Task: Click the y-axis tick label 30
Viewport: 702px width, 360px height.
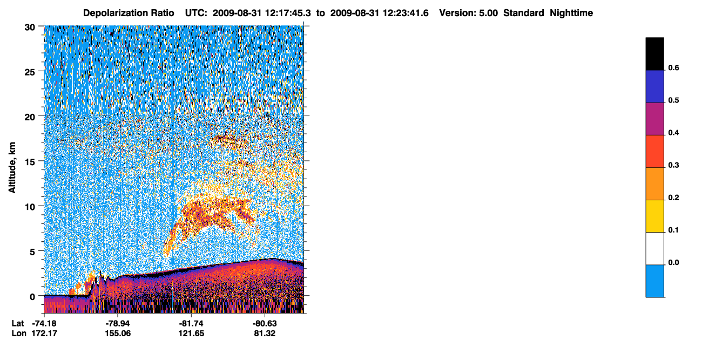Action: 30,28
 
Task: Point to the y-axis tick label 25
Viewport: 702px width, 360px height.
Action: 30,72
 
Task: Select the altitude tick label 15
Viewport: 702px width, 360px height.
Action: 30,162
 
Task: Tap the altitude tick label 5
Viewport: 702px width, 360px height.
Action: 32,252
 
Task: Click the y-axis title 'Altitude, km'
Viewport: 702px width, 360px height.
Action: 12,168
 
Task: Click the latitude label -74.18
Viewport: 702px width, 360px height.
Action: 44,324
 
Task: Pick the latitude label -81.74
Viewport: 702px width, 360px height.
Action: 191,324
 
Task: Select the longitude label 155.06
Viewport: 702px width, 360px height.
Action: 118,334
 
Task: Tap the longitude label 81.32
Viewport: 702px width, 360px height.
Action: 265,334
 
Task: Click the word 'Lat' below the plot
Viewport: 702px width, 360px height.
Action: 18,324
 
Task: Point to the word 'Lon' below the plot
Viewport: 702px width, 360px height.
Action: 19,334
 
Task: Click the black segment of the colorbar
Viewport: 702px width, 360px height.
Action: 654,54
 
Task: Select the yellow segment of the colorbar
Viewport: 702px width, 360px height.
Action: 654,216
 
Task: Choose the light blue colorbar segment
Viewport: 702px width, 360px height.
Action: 654,281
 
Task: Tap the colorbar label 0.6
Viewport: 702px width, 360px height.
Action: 673,68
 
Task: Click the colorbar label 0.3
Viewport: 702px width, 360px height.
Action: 673,166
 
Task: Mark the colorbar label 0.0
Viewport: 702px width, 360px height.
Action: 673,263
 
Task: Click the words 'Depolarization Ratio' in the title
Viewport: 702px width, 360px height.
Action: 129,13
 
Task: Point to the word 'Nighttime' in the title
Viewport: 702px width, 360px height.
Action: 571,13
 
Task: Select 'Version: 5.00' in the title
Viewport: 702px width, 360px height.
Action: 469,13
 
